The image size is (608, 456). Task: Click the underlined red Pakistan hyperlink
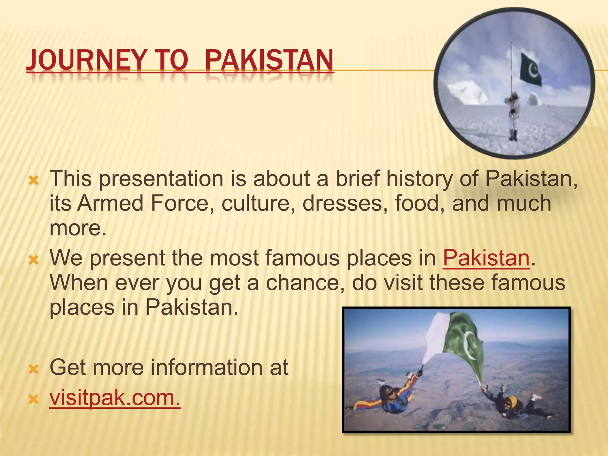pos(486,258)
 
